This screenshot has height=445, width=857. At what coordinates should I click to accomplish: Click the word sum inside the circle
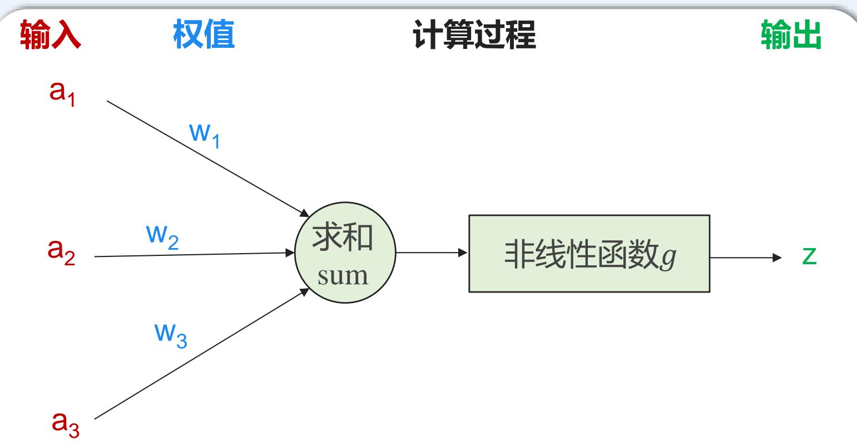point(343,276)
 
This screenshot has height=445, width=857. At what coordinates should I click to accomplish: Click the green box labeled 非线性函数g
point(589,254)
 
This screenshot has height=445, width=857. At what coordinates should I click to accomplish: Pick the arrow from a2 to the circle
point(195,255)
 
